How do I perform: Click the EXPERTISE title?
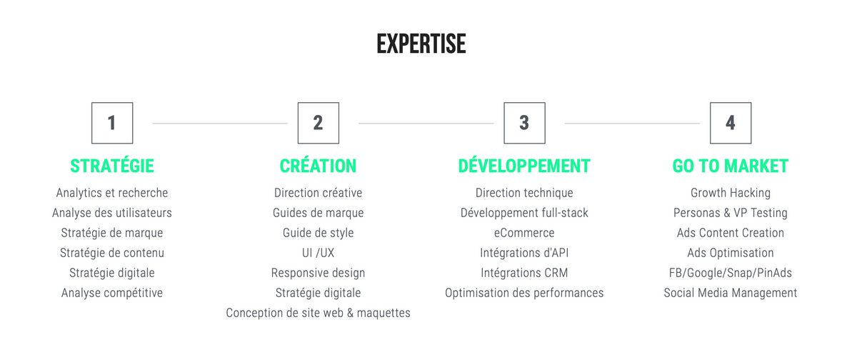coord(421,44)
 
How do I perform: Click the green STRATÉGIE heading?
coord(112,166)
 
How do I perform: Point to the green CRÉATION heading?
coord(319,166)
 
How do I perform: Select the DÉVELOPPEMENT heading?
coord(524,166)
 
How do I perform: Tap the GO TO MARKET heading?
coord(731,166)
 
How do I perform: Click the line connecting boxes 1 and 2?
coord(220,123)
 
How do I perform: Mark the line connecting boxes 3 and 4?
coord(632,123)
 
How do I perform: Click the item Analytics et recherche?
coord(112,193)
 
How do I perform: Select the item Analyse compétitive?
coord(112,293)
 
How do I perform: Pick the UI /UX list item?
coord(319,253)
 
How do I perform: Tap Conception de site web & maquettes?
coord(319,313)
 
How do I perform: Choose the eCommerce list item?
coord(524,233)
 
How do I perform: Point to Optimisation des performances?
coord(524,293)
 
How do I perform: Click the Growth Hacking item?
coord(731,193)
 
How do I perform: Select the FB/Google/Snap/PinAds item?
coord(731,273)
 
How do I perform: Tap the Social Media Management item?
coord(731,293)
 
